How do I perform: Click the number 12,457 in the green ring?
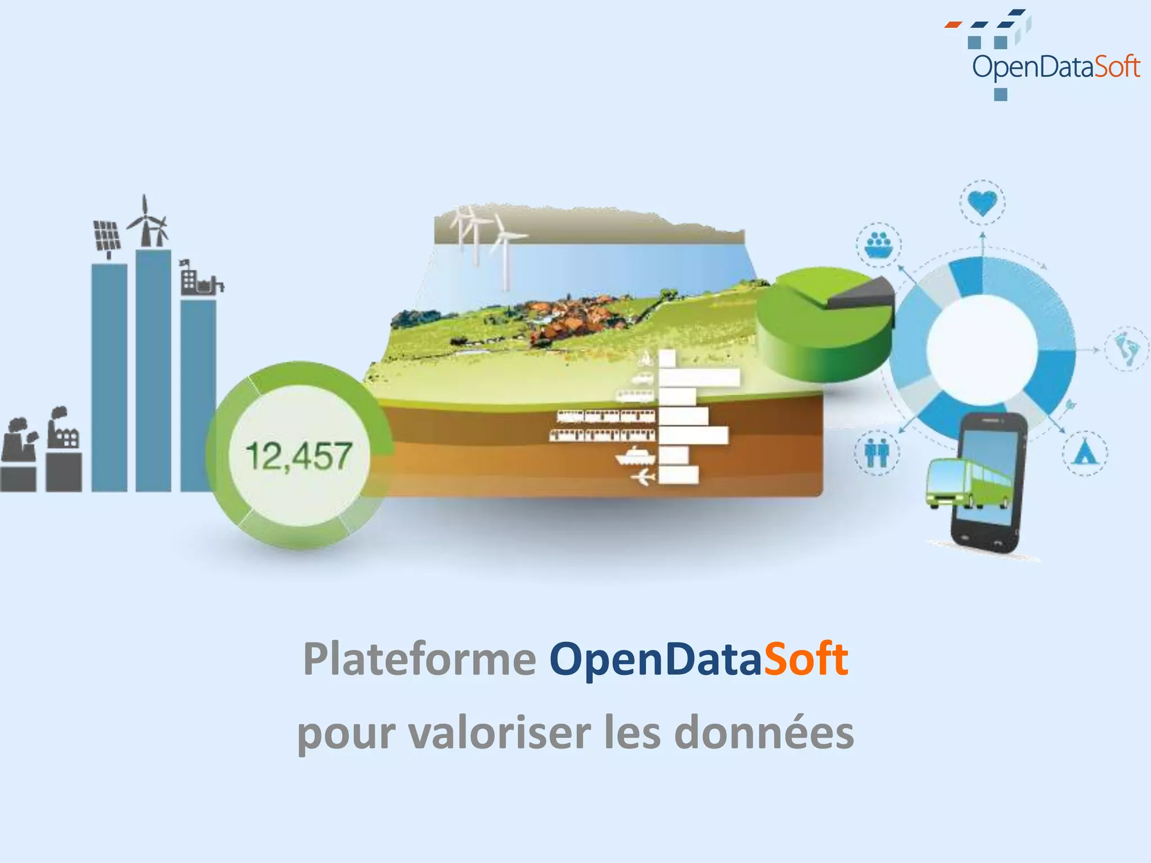coord(299,456)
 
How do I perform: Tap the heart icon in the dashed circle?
coord(982,202)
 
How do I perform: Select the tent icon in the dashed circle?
coord(1085,453)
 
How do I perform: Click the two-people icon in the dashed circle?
coord(877,453)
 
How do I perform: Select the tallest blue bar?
coord(153,371)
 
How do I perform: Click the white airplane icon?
coord(643,478)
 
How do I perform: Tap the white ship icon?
coord(635,456)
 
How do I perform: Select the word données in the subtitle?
coord(764,733)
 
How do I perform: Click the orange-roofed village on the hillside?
coord(568,317)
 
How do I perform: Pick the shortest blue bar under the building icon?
coord(198,396)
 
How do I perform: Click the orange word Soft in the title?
coord(805,658)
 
